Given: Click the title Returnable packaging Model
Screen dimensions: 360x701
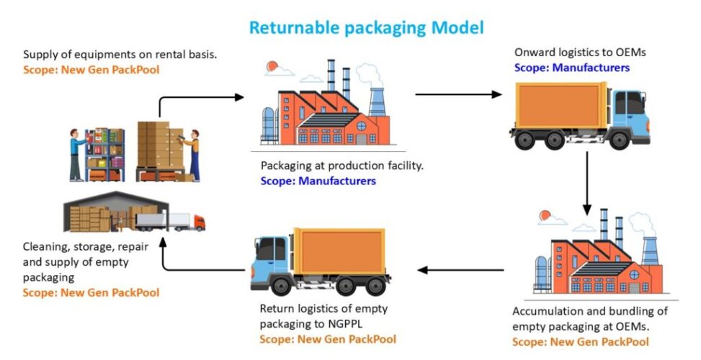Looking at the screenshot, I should (x=366, y=28).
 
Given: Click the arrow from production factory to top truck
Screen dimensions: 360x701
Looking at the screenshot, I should (x=458, y=94).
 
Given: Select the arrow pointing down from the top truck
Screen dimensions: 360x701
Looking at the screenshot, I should (x=588, y=183).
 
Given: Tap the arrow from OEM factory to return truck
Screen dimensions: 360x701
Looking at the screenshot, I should (x=461, y=270).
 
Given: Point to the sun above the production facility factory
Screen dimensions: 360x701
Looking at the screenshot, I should (x=273, y=67).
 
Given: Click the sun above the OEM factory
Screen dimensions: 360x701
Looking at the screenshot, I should (x=543, y=214).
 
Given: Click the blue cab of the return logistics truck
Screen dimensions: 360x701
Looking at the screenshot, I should (x=272, y=258).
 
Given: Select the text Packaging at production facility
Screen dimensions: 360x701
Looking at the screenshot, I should (x=341, y=166).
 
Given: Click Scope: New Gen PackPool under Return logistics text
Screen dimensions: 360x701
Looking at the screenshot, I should (x=328, y=338).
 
